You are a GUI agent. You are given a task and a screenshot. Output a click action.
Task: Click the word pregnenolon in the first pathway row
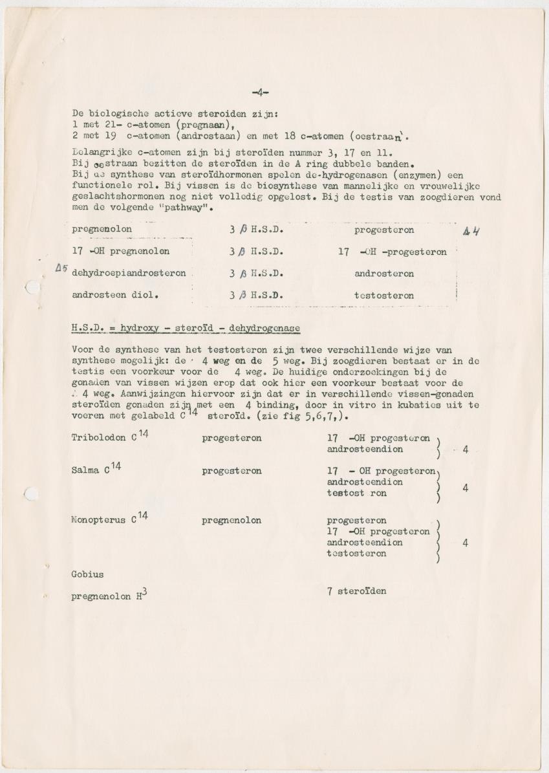coord(102,230)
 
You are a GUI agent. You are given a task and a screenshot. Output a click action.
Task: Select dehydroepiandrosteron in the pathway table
coord(129,273)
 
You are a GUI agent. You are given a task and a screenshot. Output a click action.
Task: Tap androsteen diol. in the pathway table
coord(107,295)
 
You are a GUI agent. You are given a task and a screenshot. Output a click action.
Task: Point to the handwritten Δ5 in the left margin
coord(62,267)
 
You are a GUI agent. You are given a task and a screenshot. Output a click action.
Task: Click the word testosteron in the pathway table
coord(384,296)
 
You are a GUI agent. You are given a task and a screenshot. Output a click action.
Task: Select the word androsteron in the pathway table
coord(384,274)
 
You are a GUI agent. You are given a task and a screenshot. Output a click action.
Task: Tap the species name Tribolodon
coord(98,438)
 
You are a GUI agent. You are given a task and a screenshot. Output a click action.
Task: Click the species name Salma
coord(85,471)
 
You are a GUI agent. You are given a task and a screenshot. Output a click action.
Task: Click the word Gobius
coord(87,574)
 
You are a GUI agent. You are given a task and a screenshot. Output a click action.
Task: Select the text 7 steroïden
coord(356,591)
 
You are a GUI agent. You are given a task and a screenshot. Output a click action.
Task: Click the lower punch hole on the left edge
coord(30,494)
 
